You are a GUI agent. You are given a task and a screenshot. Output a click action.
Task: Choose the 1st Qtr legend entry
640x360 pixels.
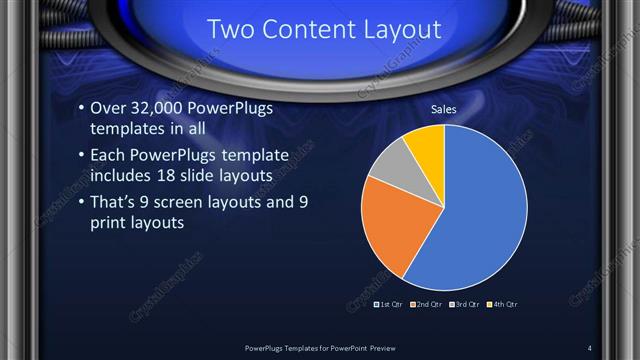click(389, 303)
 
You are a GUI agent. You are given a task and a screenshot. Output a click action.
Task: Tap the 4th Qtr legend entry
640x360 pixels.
click(502, 303)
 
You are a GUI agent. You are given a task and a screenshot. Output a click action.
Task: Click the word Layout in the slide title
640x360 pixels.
click(405, 30)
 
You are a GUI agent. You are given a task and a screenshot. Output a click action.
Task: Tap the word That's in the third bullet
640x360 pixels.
click(116, 203)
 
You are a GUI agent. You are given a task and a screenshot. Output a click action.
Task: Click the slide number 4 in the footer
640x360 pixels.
click(590, 347)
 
